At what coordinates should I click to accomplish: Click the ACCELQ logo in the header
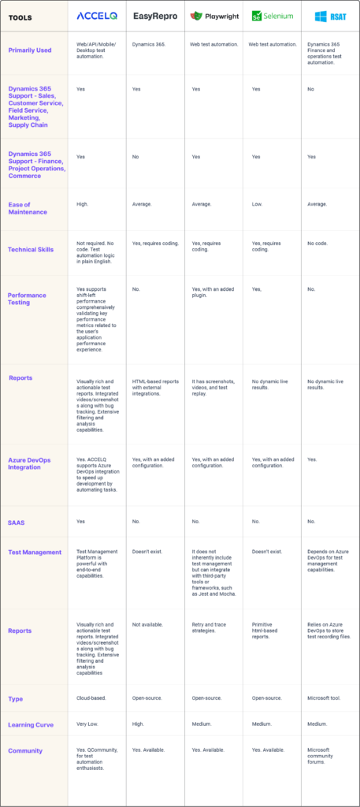pyautogui.click(x=97, y=16)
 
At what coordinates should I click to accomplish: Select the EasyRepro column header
pyautogui.click(x=155, y=16)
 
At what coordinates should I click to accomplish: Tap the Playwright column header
pyautogui.click(x=213, y=16)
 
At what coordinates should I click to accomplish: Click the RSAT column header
pyautogui.click(x=330, y=16)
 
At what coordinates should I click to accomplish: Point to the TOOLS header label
pyautogui.click(x=21, y=17)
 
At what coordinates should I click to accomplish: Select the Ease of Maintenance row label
pyautogui.click(x=28, y=207)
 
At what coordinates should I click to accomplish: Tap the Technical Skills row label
pyautogui.click(x=32, y=249)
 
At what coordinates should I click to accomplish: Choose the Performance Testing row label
pyautogui.click(x=27, y=299)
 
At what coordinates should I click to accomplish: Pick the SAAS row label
pyautogui.click(x=17, y=522)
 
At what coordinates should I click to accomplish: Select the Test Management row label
pyautogui.click(x=35, y=552)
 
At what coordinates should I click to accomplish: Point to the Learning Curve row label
pyautogui.click(x=32, y=724)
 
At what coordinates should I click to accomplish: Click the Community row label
pyautogui.click(x=25, y=750)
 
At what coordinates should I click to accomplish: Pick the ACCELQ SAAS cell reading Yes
pyautogui.click(x=80, y=522)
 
